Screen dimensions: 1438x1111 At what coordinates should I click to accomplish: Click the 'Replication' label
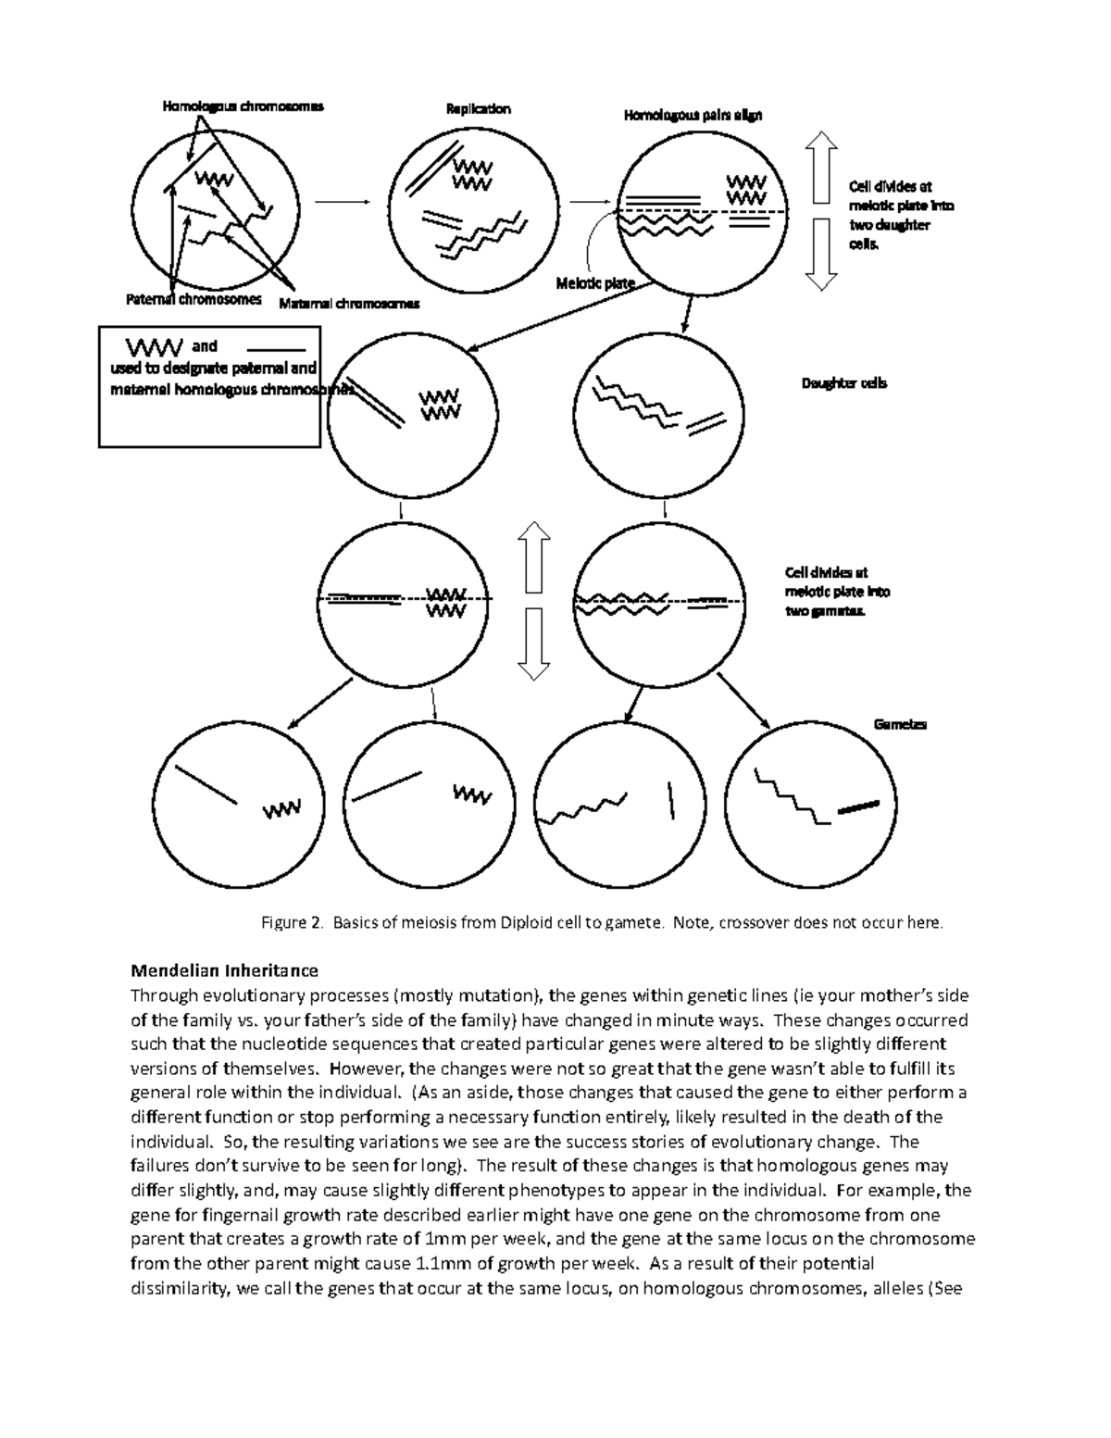coord(478,108)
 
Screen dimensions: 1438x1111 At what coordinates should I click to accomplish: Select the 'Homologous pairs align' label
coord(693,116)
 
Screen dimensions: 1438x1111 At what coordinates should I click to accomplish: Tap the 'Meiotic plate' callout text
coord(594,283)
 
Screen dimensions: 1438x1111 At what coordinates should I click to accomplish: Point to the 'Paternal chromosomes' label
coord(193,300)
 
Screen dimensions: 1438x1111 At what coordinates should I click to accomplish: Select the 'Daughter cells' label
coord(843,382)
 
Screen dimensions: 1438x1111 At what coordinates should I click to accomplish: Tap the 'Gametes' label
coord(900,724)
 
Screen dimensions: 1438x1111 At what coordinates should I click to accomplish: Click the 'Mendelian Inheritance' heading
coord(224,970)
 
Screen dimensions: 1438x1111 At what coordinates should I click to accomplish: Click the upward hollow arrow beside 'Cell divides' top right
coord(821,166)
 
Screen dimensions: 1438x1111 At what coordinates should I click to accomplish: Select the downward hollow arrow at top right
coord(821,255)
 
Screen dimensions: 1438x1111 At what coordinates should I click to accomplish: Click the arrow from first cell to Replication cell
coord(343,202)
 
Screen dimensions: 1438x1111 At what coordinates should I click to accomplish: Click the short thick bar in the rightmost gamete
coord(858,807)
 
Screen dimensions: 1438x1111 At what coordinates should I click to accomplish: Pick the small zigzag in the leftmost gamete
coord(281,809)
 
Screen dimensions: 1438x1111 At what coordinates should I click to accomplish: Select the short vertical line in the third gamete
coord(669,800)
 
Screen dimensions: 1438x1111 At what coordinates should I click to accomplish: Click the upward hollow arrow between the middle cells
coord(534,556)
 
